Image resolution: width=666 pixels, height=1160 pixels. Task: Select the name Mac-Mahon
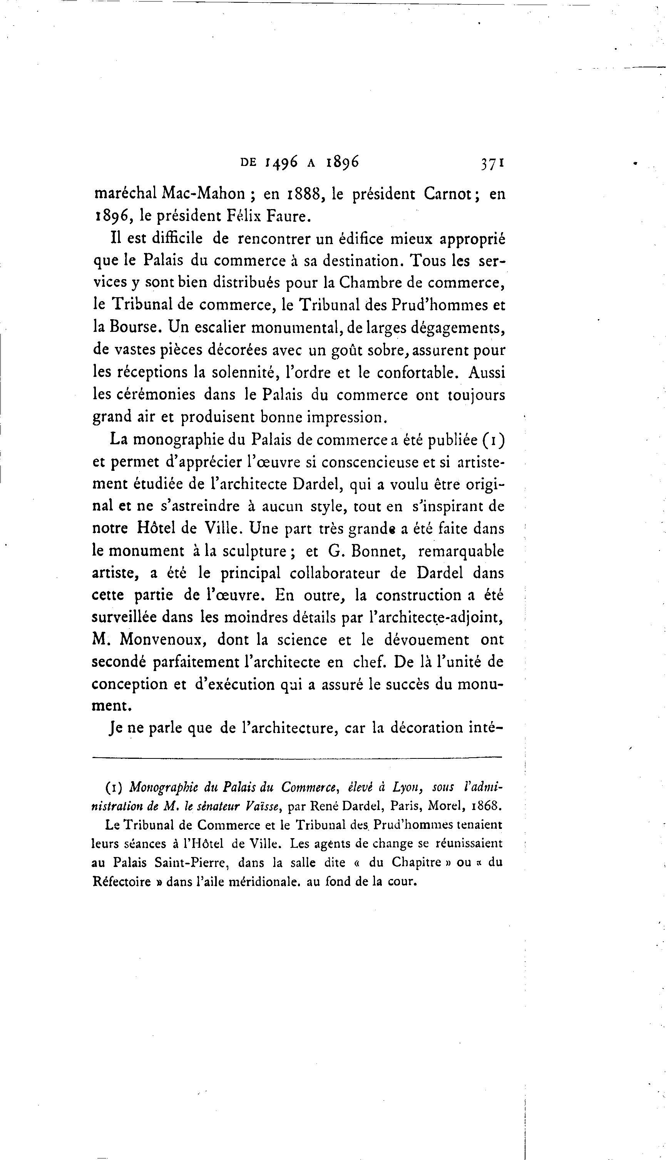(204, 194)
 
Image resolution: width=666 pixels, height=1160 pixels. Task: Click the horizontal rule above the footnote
(297, 757)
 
